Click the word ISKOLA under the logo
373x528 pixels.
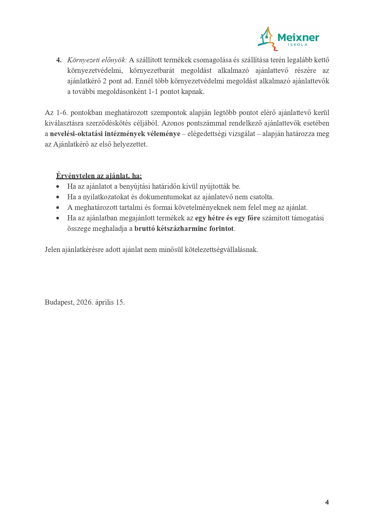(298, 45)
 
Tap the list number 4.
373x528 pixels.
(59, 60)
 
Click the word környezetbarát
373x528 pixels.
(152, 70)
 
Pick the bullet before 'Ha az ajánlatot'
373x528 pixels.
(58, 187)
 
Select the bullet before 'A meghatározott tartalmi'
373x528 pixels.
(58, 208)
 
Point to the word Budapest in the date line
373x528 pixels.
(59, 302)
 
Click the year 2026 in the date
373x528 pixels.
(84, 302)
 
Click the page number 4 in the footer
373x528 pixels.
(327, 502)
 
